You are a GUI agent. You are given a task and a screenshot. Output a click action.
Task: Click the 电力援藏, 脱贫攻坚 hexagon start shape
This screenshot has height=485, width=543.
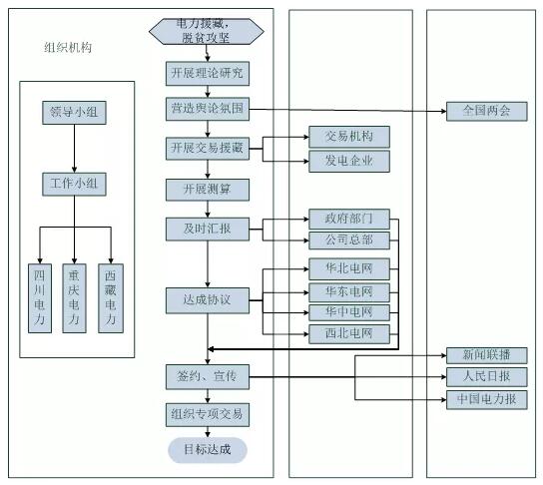(207, 32)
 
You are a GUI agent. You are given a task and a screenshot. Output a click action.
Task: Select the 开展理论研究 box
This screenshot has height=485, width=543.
(208, 74)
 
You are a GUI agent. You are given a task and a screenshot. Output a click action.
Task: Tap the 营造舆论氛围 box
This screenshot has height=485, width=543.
(208, 109)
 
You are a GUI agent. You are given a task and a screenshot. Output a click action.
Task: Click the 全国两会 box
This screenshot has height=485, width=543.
(486, 111)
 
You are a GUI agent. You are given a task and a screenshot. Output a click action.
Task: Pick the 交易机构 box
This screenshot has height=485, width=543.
(349, 137)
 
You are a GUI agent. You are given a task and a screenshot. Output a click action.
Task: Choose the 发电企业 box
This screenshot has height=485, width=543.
(349, 161)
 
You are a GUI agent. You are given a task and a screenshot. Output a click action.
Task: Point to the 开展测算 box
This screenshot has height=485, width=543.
(208, 190)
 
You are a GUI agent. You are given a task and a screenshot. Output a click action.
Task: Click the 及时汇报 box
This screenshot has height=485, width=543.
(208, 230)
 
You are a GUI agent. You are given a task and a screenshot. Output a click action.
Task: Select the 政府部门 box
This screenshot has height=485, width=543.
(349, 219)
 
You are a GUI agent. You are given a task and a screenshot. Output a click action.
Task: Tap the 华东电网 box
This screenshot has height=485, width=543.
(349, 292)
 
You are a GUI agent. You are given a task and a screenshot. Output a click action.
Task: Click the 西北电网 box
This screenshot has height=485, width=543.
(349, 334)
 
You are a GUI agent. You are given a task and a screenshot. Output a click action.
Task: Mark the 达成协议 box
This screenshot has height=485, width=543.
(208, 300)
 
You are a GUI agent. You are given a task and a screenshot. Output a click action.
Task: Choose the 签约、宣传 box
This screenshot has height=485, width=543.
(208, 377)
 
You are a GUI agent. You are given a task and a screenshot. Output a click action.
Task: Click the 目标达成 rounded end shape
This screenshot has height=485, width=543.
(208, 450)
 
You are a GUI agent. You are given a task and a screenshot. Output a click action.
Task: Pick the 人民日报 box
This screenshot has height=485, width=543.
(486, 377)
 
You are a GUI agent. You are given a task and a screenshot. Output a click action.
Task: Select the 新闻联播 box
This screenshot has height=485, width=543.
(486, 355)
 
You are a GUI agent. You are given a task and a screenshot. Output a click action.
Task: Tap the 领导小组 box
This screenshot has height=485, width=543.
(74, 113)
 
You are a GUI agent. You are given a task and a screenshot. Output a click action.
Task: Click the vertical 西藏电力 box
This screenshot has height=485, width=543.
(111, 298)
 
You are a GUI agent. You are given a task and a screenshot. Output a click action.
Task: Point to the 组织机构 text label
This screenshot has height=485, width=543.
(68, 48)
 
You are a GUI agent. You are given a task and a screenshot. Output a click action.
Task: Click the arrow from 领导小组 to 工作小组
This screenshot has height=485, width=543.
(74, 149)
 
